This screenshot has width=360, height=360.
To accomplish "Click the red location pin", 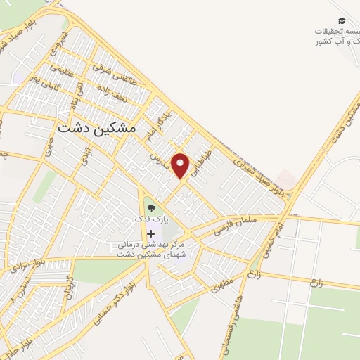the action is pos(181,165).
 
